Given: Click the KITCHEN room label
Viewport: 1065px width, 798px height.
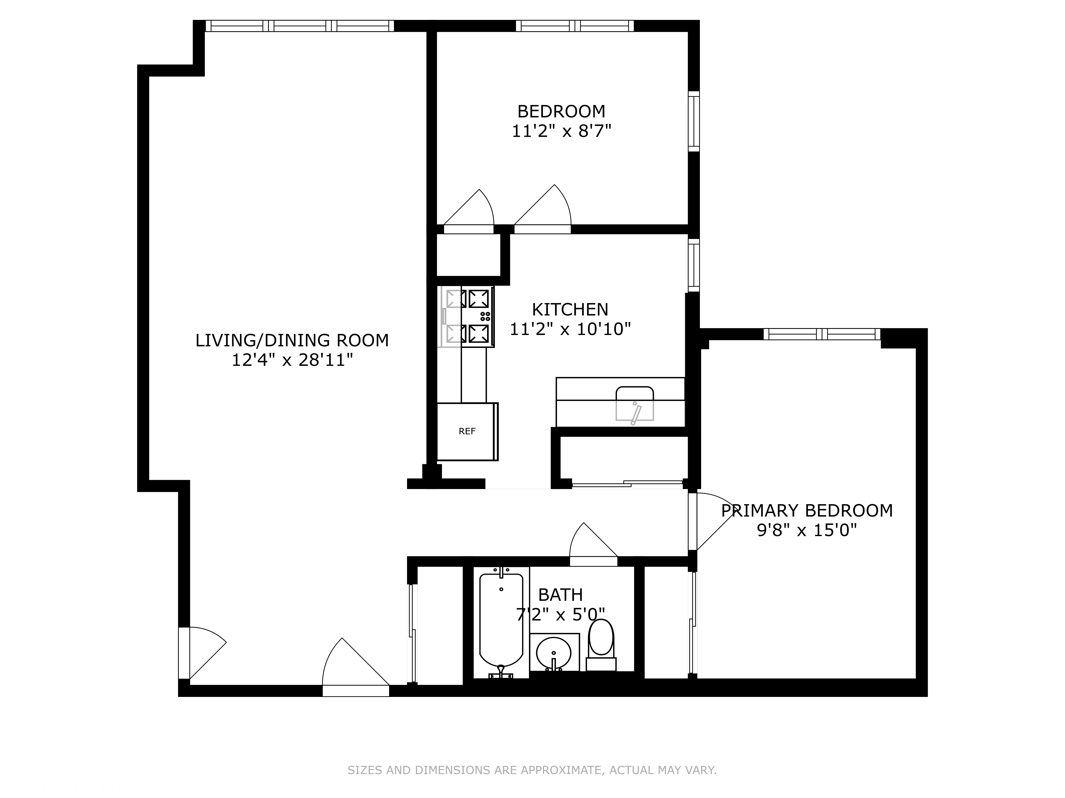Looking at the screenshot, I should pyautogui.click(x=570, y=309).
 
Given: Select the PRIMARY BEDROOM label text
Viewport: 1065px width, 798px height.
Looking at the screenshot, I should pyautogui.click(x=807, y=510).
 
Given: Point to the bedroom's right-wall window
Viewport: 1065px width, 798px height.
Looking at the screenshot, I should pyautogui.click(x=693, y=121).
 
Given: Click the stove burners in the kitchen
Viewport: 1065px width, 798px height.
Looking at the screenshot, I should pyautogui.click(x=478, y=316).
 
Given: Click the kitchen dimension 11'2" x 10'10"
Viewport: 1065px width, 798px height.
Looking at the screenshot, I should pyautogui.click(x=570, y=329).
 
